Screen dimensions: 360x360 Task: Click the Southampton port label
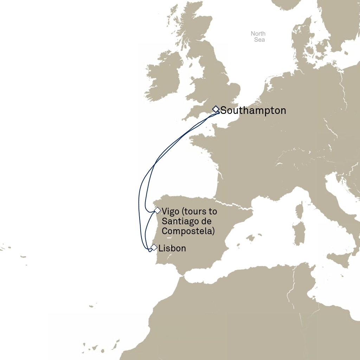coord(253,111)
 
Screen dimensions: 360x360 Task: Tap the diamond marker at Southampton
coord(216,109)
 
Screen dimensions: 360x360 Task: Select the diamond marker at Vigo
coord(157,211)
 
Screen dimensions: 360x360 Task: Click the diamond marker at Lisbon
coord(154,247)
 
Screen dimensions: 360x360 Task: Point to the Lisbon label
coord(172,248)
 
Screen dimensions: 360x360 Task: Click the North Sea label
coord(258,37)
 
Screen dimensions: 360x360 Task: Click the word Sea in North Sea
coord(259,40)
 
